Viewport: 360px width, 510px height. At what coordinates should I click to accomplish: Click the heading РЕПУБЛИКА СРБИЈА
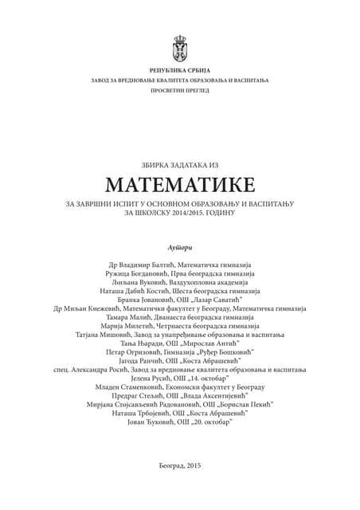click(180, 71)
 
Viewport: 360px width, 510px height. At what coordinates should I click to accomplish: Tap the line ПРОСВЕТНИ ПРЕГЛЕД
click(180, 92)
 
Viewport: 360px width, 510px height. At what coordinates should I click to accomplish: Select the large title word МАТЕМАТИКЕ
click(180, 184)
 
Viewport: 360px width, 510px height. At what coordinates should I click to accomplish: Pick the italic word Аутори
click(180, 240)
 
